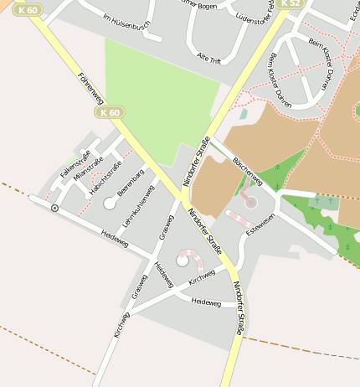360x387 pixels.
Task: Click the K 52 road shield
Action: (290, 3)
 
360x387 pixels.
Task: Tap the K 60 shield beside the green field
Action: (110, 112)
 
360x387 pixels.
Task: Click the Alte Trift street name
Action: (208, 56)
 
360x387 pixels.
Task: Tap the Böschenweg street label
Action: (248, 170)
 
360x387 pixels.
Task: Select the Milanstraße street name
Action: (88, 168)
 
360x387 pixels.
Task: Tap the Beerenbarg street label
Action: (130, 183)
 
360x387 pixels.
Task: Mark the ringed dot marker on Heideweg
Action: (54, 207)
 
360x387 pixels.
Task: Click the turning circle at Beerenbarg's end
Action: (110, 203)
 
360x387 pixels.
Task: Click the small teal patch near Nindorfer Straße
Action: (244, 113)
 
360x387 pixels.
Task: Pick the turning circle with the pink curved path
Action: (183, 261)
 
